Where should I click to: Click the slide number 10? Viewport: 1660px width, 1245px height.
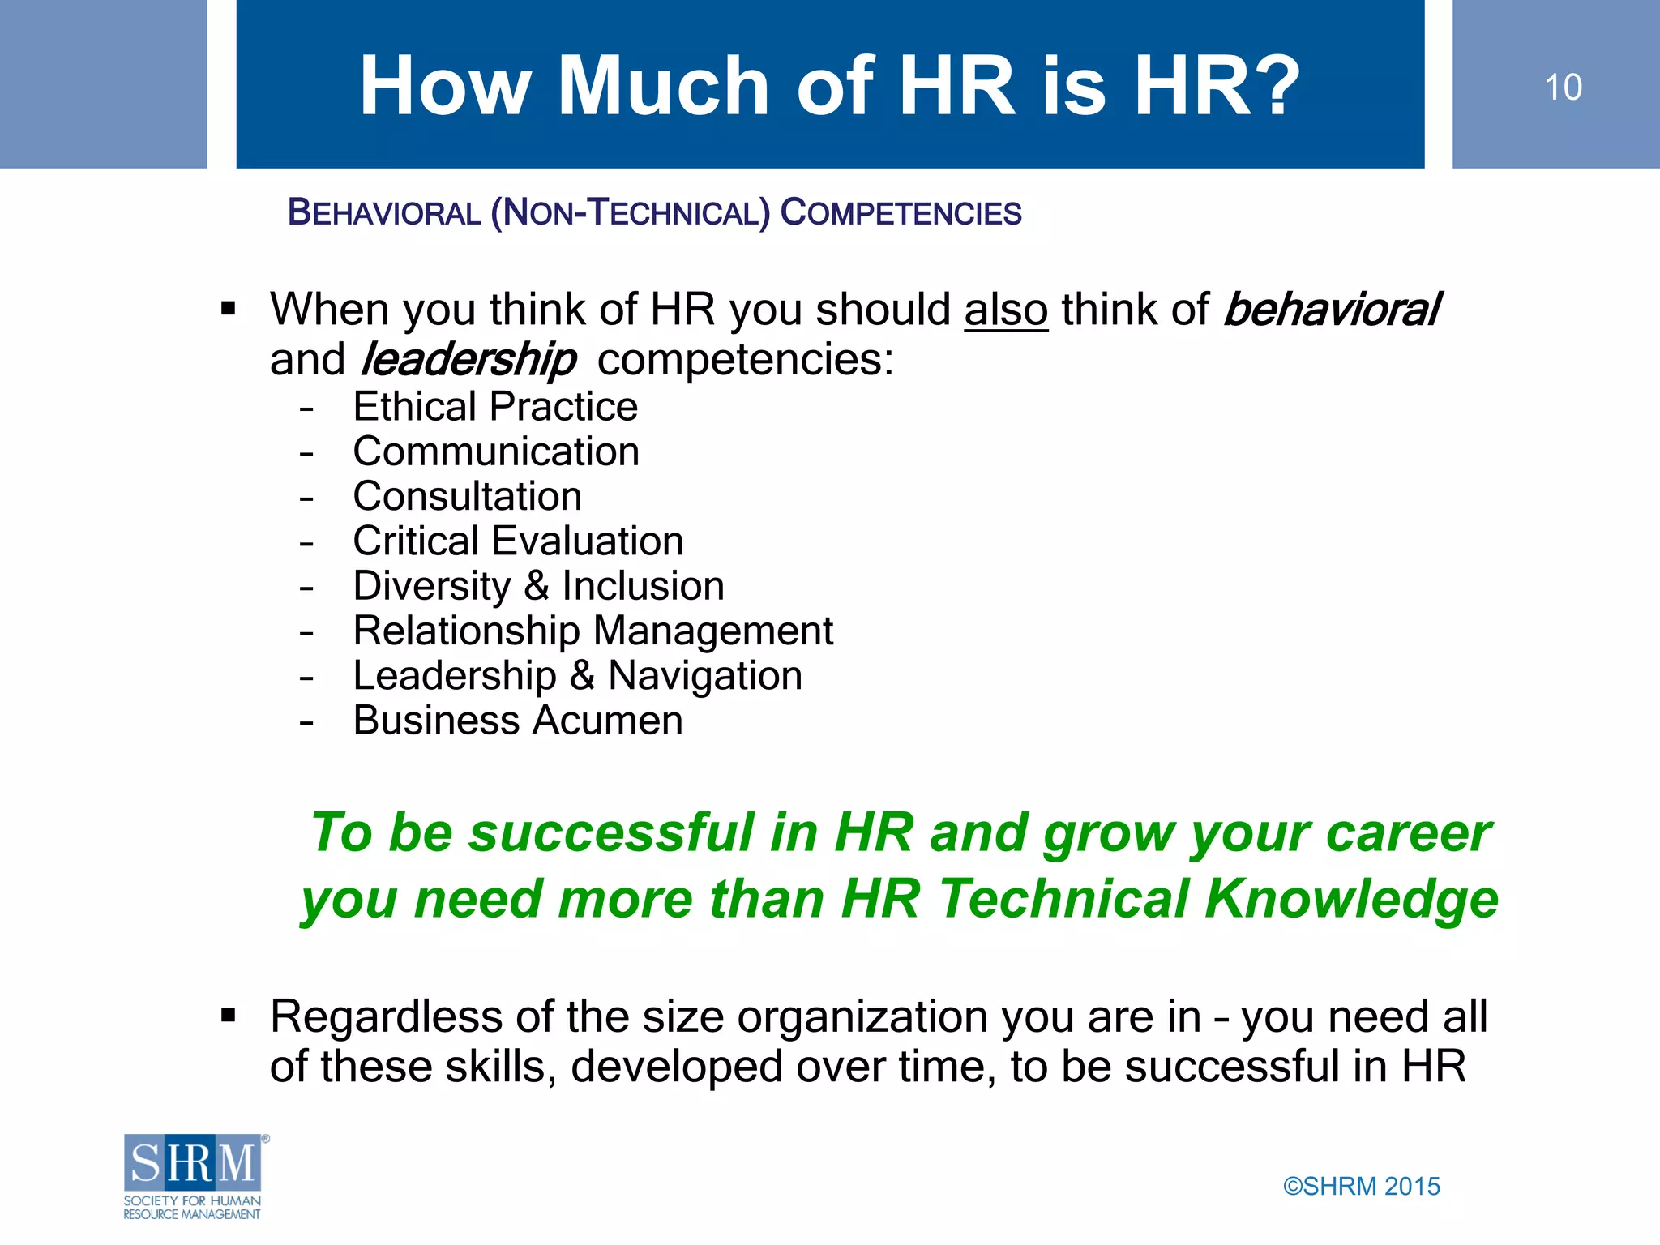[x=1562, y=88]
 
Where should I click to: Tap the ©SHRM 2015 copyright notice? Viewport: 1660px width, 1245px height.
[x=1362, y=1186]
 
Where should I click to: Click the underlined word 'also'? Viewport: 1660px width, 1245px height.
[x=1006, y=310]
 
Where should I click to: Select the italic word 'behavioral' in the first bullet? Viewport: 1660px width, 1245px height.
[x=1331, y=310]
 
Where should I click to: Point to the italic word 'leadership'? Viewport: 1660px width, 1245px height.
[x=468, y=359]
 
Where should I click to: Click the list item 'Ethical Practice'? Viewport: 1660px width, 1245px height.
[x=495, y=406]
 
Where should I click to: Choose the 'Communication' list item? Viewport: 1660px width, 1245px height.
[x=496, y=451]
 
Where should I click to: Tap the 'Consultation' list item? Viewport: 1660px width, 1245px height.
[x=468, y=496]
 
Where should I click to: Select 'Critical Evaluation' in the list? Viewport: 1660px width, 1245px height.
[x=518, y=541]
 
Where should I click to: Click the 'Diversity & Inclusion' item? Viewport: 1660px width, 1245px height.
[x=538, y=586]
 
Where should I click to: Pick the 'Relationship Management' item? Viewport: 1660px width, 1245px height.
[x=593, y=631]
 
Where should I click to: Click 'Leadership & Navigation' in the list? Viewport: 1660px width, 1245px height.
[x=577, y=676]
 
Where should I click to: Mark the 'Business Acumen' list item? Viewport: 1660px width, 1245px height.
[x=518, y=721]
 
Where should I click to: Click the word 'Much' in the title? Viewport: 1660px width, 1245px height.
[x=663, y=86]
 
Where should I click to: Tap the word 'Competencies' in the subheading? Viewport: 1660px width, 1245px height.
[x=901, y=213]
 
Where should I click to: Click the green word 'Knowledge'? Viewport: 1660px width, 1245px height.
[x=1351, y=899]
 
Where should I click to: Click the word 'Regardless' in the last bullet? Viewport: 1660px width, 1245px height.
[x=386, y=1016]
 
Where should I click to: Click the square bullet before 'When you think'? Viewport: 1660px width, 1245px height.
[x=229, y=309]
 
